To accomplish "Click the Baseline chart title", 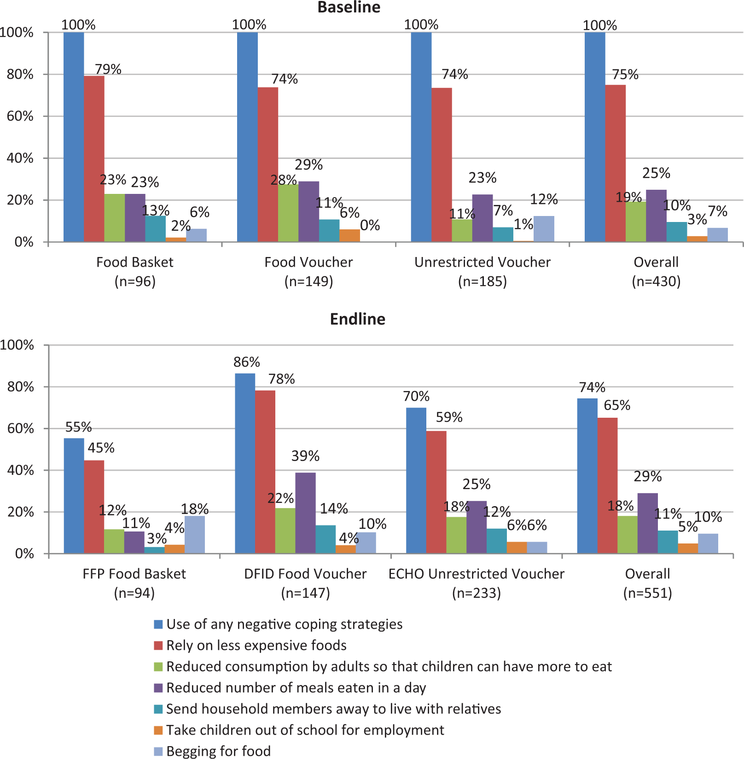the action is click(349, 7).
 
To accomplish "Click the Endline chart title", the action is click(358, 319).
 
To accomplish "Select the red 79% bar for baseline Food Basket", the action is click(94, 159).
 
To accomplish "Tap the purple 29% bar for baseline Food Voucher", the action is click(308, 211).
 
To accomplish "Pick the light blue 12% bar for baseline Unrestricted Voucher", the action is click(544, 229).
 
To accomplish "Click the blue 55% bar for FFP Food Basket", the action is click(74, 496).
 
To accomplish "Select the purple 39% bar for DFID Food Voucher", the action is click(305, 513).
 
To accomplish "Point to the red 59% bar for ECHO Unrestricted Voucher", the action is click(436, 492).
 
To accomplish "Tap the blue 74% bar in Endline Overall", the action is click(587, 476).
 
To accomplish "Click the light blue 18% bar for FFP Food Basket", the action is click(195, 535).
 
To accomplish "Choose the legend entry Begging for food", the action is click(212, 751).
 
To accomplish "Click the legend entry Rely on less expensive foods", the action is click(250, 645).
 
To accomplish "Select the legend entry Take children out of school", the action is click(299, 730).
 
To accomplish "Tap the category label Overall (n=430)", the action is click(656, 271).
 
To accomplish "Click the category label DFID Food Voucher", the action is click(305, 574).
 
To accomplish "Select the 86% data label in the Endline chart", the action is click(247, 362).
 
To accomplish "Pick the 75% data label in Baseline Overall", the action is click(625, 74).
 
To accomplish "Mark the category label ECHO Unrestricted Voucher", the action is click(477, 574).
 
